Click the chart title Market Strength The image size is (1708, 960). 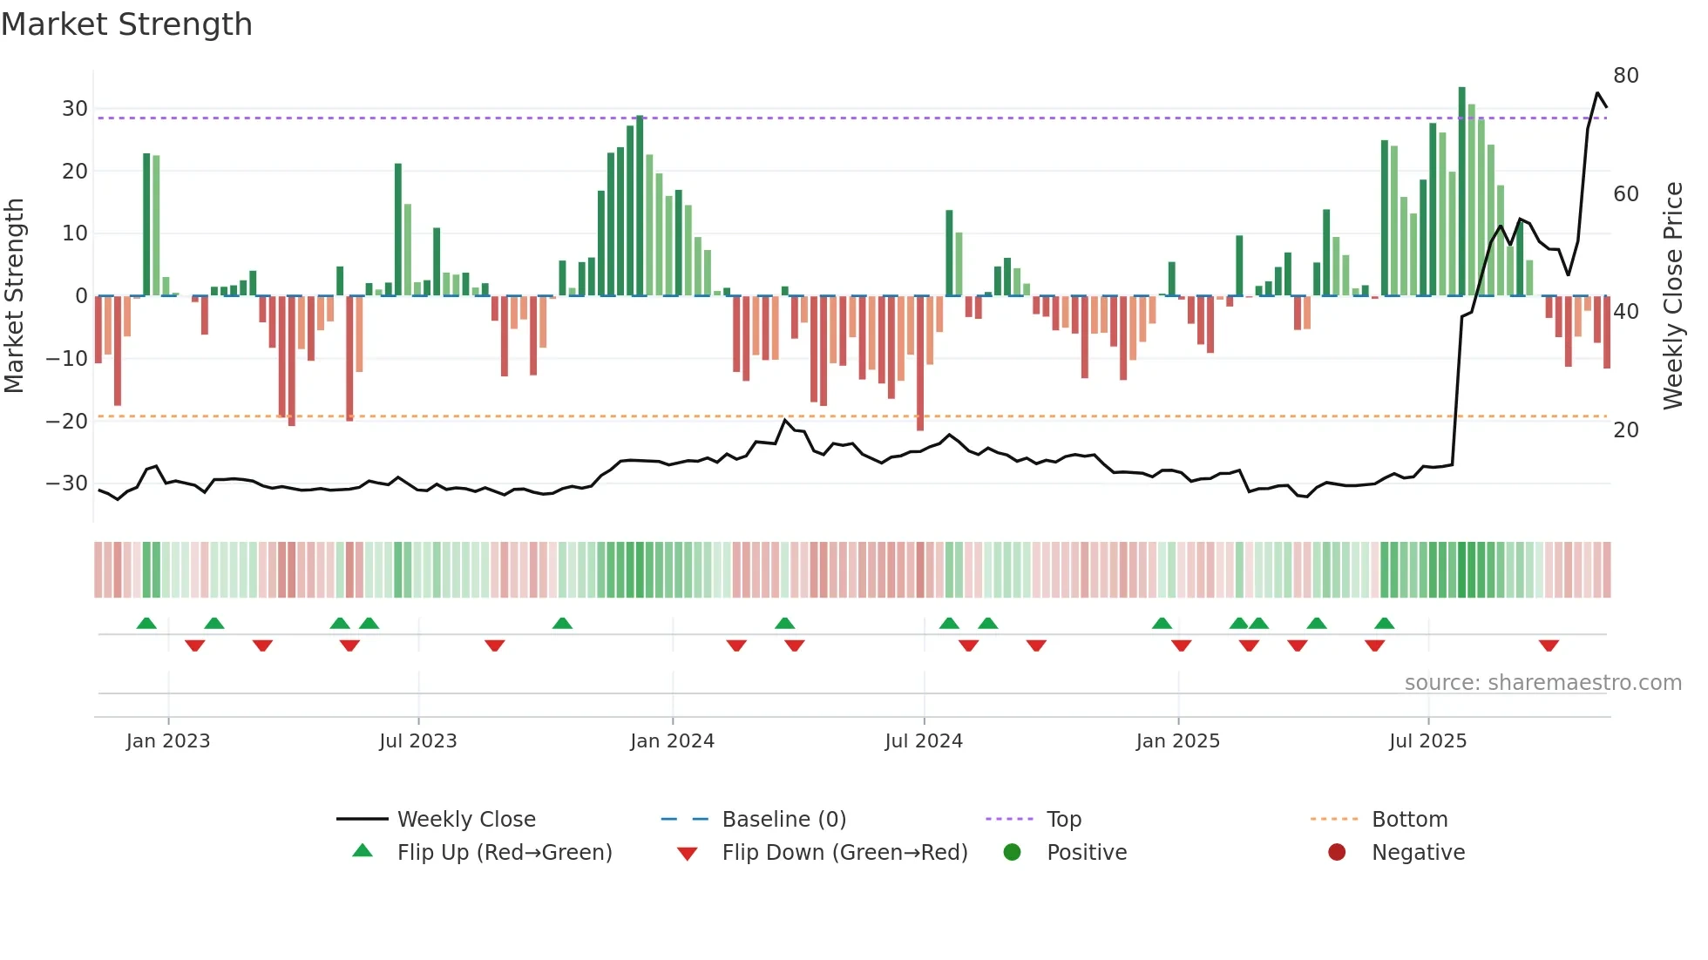(x=127, y=24)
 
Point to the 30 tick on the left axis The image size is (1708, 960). (x=75, y=109)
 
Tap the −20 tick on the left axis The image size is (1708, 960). (x=68, y=421)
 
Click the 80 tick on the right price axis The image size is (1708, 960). (x=1626, y=76)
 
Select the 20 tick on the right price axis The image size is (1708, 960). (x=1626, y=429)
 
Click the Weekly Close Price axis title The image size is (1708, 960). (x=1673, y=296)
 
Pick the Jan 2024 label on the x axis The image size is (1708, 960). (x=672, y=741)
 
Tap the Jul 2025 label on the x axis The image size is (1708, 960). (x=1427, y=741)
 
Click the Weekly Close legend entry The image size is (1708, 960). (x=465, y=820)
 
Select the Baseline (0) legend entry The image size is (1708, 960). (x=783, y=820)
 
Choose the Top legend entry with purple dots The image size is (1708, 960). (x=1063, y=820)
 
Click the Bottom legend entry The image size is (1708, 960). (x=1409, y=820)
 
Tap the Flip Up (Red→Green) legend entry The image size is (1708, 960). (x=504, y=853)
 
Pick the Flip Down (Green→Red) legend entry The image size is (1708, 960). (x=844, y=853)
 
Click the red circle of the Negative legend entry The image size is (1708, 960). (x=1337, y=853)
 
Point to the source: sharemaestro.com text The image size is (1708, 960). (x=1542, y=683)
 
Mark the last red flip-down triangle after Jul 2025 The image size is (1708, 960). (x=1549, y=646)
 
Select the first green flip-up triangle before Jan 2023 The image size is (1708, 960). (x=146, y=623)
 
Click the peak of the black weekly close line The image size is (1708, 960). (x=1597, y=93)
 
